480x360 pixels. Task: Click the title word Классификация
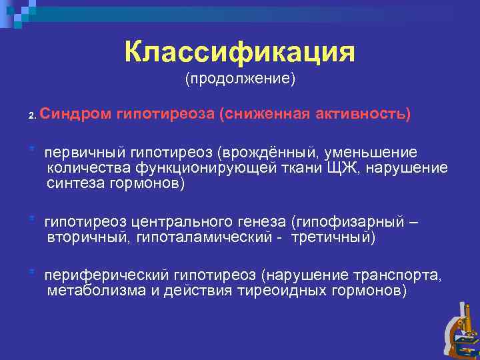point(240,52)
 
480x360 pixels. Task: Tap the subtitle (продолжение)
point(240,79)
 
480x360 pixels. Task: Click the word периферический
point(107,275)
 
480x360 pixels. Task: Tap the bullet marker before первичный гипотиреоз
point(31,149)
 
